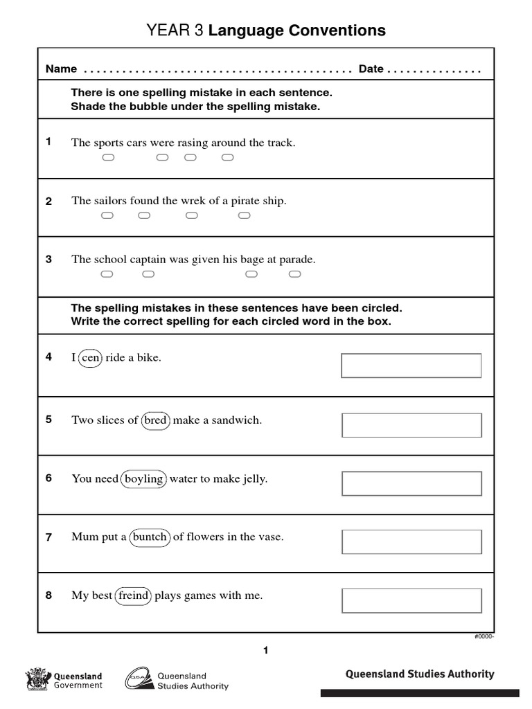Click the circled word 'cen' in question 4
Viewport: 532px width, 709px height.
click(x=90, y=358)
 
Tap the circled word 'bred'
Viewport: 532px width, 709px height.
click(x=156, y=421)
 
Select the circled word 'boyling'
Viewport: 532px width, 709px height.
click(x=143, y=479)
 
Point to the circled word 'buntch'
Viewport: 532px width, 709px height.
click(x=150, y=537)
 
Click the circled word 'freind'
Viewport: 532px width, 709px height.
click(x=133, y=595)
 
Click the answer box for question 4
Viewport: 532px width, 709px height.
click(x=411, y=366)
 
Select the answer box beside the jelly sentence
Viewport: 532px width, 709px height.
click(x=411, y=483)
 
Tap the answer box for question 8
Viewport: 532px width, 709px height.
click(x=411, y=600)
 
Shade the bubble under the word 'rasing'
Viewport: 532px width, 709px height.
click(x=190, y=158)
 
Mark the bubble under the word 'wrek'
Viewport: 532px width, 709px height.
click(x=192, y=216)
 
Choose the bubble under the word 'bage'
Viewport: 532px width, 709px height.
click(x=251, y=275)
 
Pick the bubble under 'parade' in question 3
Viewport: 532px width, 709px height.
click(x=294, y=275)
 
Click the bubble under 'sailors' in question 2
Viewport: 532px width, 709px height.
click(x=107, y=216)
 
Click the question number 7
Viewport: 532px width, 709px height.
click(x=48, y=537)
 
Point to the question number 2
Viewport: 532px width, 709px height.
click(x=48, y=201)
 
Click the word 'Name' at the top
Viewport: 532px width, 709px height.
click(x=61, y=69)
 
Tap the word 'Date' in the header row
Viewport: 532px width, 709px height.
click(x=371, y=69)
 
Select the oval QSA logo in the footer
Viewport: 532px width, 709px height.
click(x=139, y=679)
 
